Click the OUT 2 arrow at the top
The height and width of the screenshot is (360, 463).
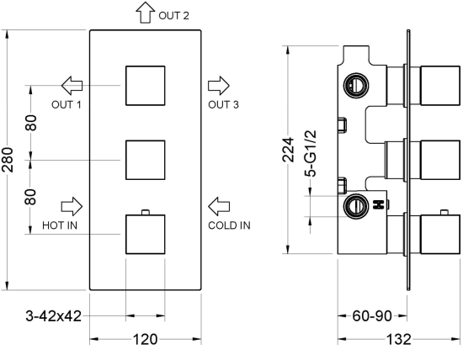(146, 13)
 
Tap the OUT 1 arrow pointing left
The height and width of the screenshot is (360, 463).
(72, 86)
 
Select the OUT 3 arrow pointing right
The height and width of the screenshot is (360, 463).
(219, 86)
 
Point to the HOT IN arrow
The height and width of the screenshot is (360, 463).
(72, 206)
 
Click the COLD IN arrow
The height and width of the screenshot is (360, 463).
(219, 206)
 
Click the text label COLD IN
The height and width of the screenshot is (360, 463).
(229, 225)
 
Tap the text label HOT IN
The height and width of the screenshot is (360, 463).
(60, 225)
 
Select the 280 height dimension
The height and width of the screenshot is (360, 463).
(8, 160)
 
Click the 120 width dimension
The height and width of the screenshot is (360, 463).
(146, 339)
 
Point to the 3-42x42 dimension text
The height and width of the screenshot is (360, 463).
(53, 316)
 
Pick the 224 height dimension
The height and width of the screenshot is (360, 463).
(289, 150)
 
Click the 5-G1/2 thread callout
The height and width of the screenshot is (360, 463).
(311, 153)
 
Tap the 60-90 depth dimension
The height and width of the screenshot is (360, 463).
(372, 316)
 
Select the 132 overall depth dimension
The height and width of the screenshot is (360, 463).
(399, 339)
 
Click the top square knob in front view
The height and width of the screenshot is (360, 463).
(146, 86)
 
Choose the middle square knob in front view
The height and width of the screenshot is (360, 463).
(146, 160)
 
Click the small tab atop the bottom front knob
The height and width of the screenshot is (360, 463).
(146, 212)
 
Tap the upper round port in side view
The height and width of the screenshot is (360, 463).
(356, 86)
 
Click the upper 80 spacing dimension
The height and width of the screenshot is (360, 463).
(30, 123)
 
